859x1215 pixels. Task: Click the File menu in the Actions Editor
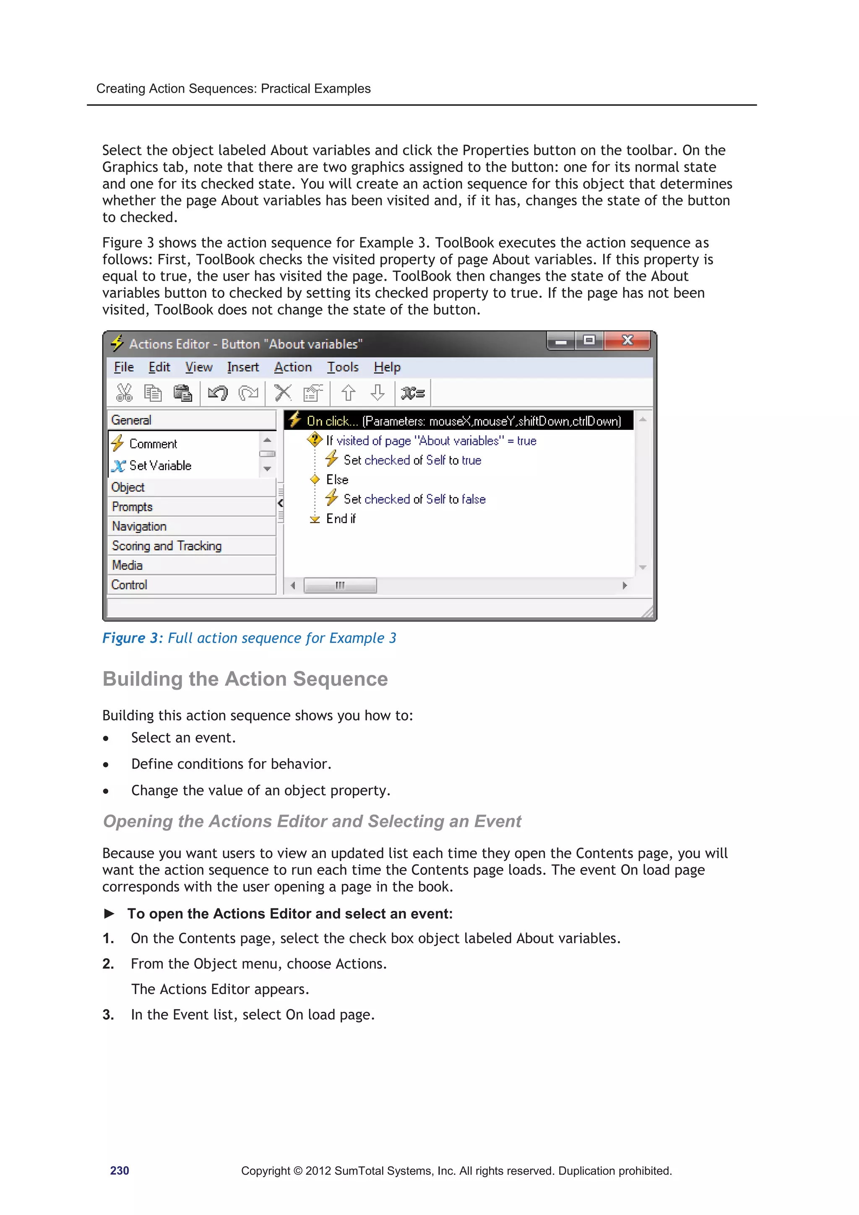click(x=123, y=367)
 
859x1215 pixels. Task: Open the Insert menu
click(x=242, y=367)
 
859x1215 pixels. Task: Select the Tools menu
click(x=342, y=367)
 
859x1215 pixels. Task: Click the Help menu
click(x=387, y=367)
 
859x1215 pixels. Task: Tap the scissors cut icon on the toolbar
click(x=124, y=393)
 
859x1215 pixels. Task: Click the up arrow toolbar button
click(x=348, y=393)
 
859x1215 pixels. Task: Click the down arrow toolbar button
click(x=377, y=393)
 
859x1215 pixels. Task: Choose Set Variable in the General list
click(x=159, y=466)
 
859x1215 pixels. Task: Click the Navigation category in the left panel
click(x=139, y=526)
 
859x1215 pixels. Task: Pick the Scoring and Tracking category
click(x=166, y=546)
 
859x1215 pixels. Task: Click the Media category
click(x=127, y=565)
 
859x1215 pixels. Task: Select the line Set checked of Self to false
click(x=414, y=499)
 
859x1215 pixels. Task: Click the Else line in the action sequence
click(x=337, y=479)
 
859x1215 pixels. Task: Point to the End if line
click(x=340, y=519)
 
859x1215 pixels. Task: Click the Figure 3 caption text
click(x=249, y=638)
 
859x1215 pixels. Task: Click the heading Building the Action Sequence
click(x=245, y=679)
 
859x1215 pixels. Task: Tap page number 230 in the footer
click(x=119, y=1171)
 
